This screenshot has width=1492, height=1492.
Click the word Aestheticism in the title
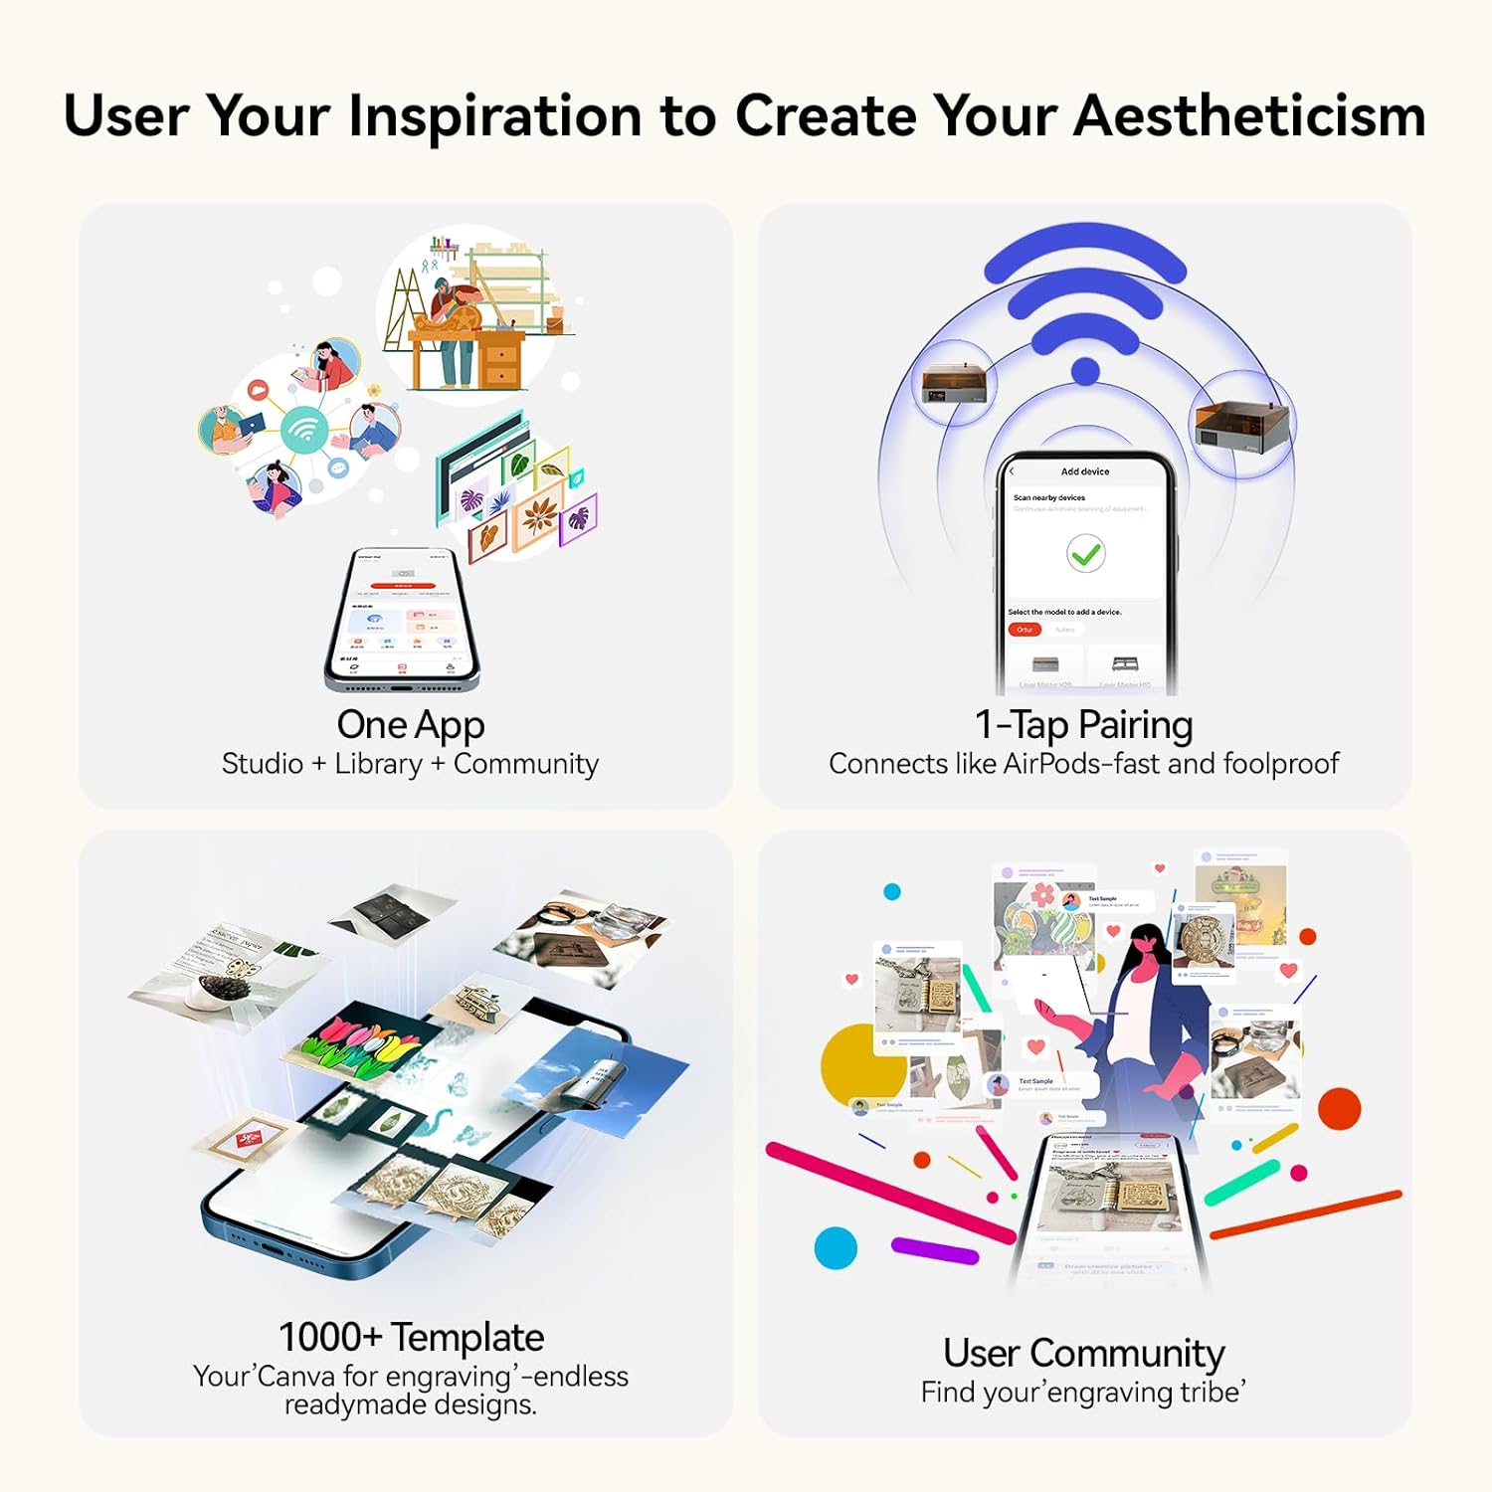[1249, 115]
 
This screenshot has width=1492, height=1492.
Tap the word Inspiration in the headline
[494, 115]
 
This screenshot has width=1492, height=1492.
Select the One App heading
[410, 724]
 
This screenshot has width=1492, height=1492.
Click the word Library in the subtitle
[378, 763]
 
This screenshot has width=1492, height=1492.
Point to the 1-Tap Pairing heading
[1083, 724]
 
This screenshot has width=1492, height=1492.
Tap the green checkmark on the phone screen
[1085, 553]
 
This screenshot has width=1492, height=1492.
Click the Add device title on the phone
[1084, 471]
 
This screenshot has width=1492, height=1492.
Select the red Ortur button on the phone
[1025, 630]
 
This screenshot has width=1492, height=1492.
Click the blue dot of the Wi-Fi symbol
[1085, 372]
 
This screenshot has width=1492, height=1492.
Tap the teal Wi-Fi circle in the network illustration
[304, 430]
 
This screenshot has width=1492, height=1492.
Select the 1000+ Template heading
[410, 1336]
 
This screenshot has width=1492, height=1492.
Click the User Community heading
[1083, 1353]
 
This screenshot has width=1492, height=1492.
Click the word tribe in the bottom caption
[1209, 1392]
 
